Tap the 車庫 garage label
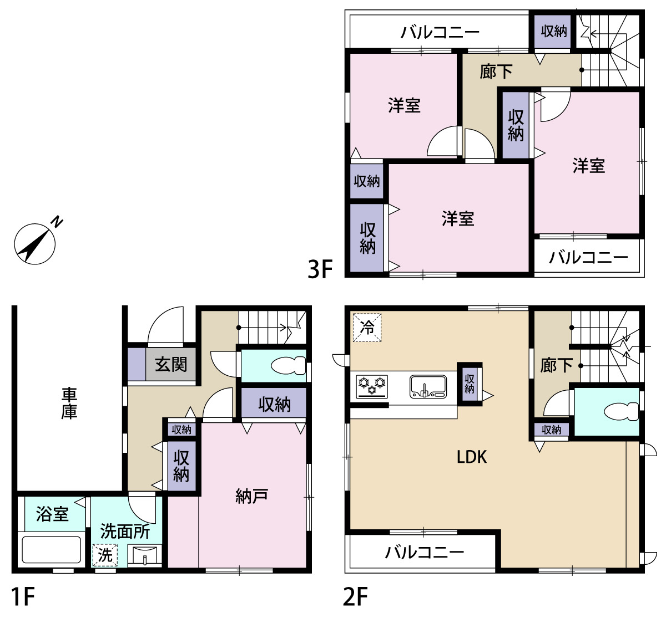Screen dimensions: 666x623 pos(69,404)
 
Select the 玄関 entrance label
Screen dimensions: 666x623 pos(171,364)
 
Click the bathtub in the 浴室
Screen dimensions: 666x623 pos(51,549)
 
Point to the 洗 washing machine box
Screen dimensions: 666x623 pos(105,555)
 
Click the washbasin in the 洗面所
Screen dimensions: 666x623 pos(145,556)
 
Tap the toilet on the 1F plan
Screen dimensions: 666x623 pos(288,365)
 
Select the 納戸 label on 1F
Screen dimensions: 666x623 pos(251,497)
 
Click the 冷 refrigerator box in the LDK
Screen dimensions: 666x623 pos(367,328)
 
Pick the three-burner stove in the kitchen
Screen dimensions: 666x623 pos(372,386)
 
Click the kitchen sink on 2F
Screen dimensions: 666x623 pos(428,386)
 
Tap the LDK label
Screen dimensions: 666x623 pos(472,457)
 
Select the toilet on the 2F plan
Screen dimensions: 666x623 pos(622,411)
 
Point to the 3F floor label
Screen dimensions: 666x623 pos(320,269)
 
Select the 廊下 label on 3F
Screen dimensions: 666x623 pos(496,72)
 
